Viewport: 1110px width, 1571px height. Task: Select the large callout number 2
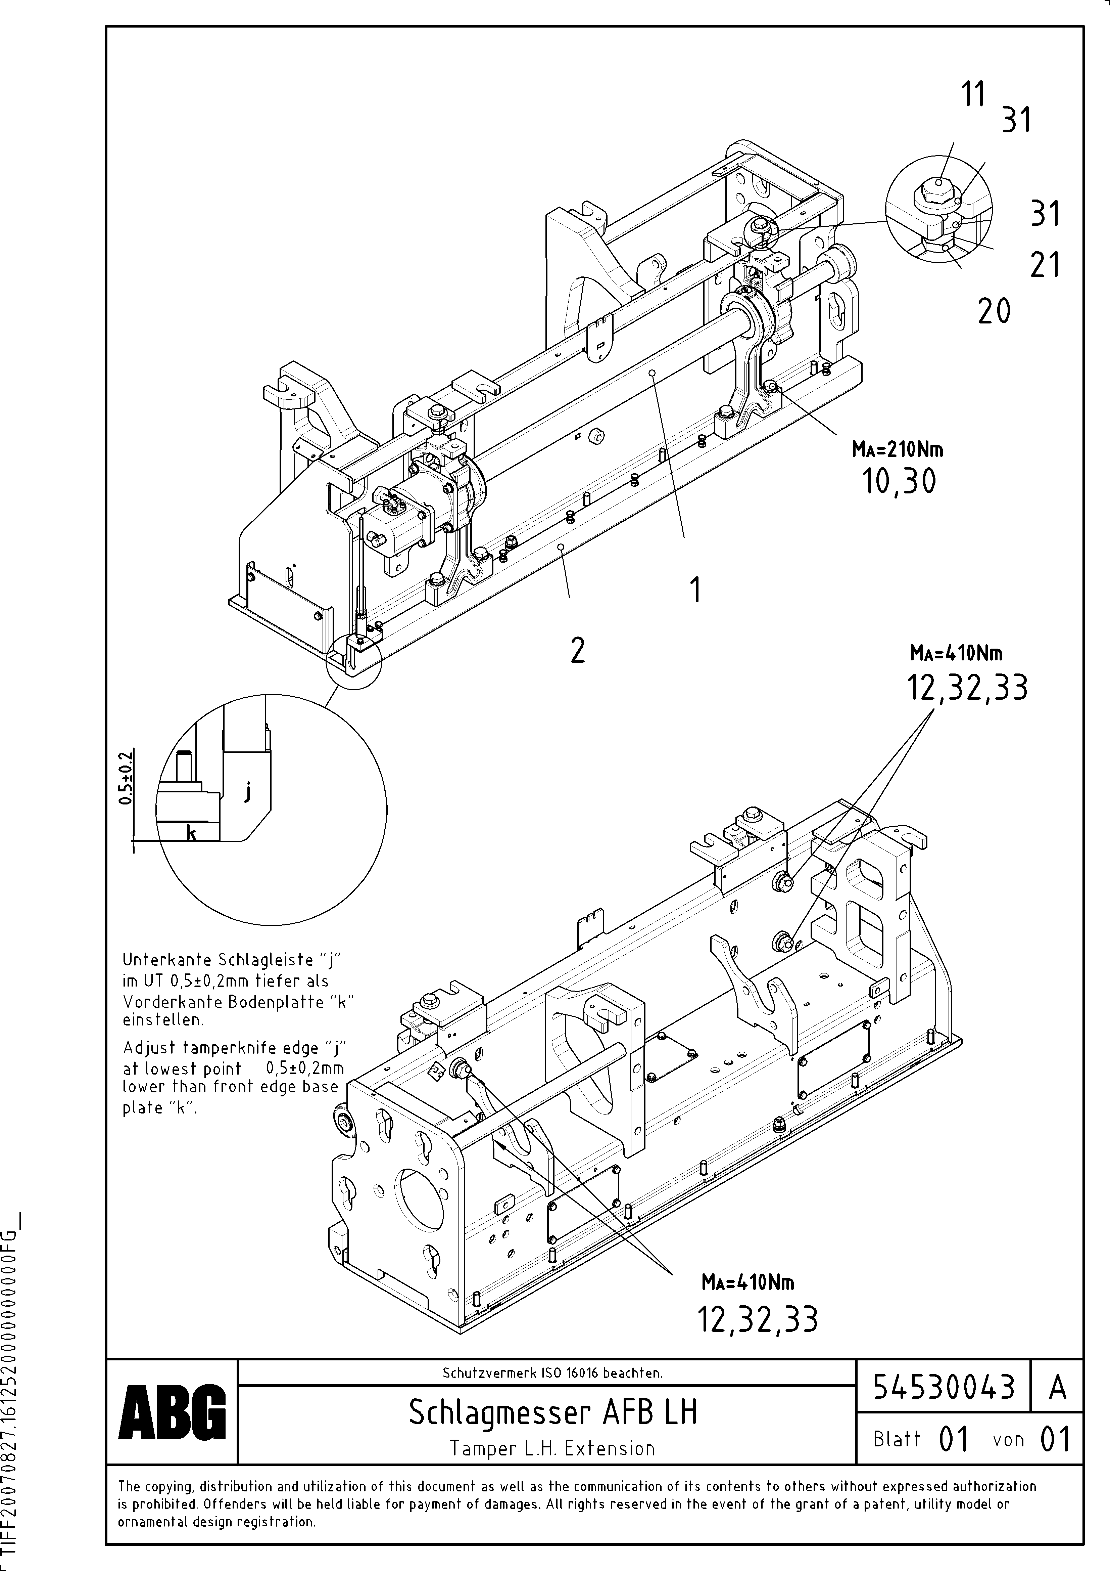[x=578, y=650]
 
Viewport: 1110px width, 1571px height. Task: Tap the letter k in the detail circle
[x=192, y=833]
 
